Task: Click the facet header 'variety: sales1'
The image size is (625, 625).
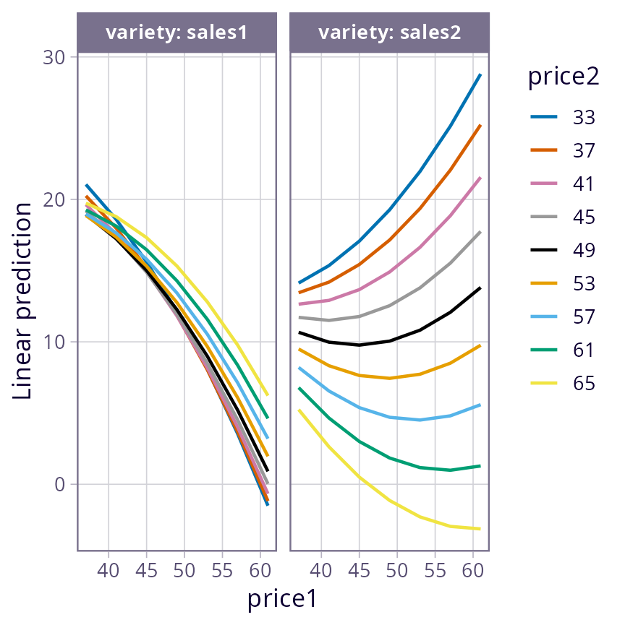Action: (177, 33)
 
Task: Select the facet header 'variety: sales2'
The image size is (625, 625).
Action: (390, 33)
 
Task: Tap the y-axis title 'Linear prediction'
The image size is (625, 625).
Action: (23, 301)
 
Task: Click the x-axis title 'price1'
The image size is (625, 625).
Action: (282, 598)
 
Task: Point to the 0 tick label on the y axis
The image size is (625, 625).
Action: (59, 484)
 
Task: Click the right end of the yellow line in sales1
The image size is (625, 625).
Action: (268, 395)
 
